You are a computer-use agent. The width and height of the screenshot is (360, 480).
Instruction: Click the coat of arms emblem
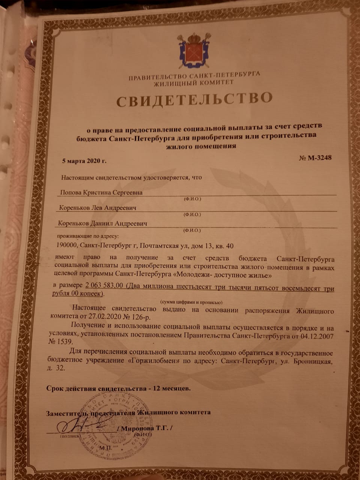[x=193, y=50]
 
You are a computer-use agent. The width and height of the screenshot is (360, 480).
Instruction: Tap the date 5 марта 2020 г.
[x=84, y=161]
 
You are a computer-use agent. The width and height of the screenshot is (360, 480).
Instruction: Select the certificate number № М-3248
[x=315, y=158]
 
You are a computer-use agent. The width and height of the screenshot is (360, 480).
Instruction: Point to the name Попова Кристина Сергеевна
[x=101, y=193]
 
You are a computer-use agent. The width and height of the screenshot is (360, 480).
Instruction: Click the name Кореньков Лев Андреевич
[x=97, y=208]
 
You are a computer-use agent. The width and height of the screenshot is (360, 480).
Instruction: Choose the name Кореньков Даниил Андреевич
[x=102, y=223]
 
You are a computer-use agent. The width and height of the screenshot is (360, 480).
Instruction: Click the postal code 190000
[x=66, y=246]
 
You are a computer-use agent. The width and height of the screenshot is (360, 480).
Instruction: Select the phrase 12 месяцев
[x=169, y=388]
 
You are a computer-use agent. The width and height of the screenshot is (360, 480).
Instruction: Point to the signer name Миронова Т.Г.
[x=146, y=427]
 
